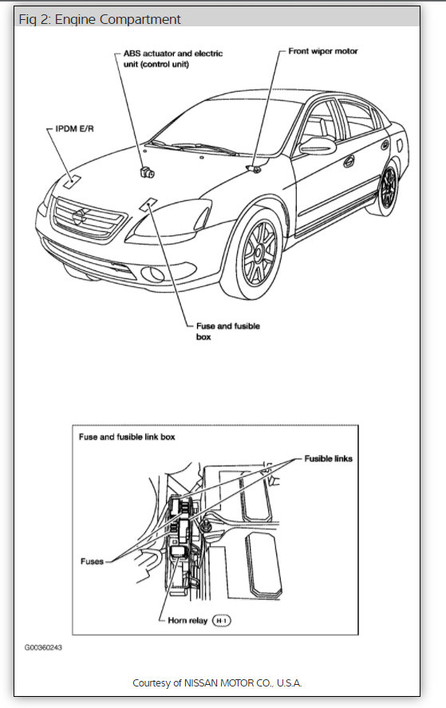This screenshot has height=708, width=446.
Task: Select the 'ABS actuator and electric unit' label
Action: [172, 58]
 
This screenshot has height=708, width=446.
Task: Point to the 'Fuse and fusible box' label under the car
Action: [227, 331]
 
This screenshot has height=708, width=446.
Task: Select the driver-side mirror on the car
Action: [317, 144]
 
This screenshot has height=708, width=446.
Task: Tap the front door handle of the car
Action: [349, 160]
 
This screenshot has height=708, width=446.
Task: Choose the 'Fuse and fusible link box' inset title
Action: [127, 437]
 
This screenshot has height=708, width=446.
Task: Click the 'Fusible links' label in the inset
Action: [328, 458]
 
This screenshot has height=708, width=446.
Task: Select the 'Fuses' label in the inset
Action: [92, 561]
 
